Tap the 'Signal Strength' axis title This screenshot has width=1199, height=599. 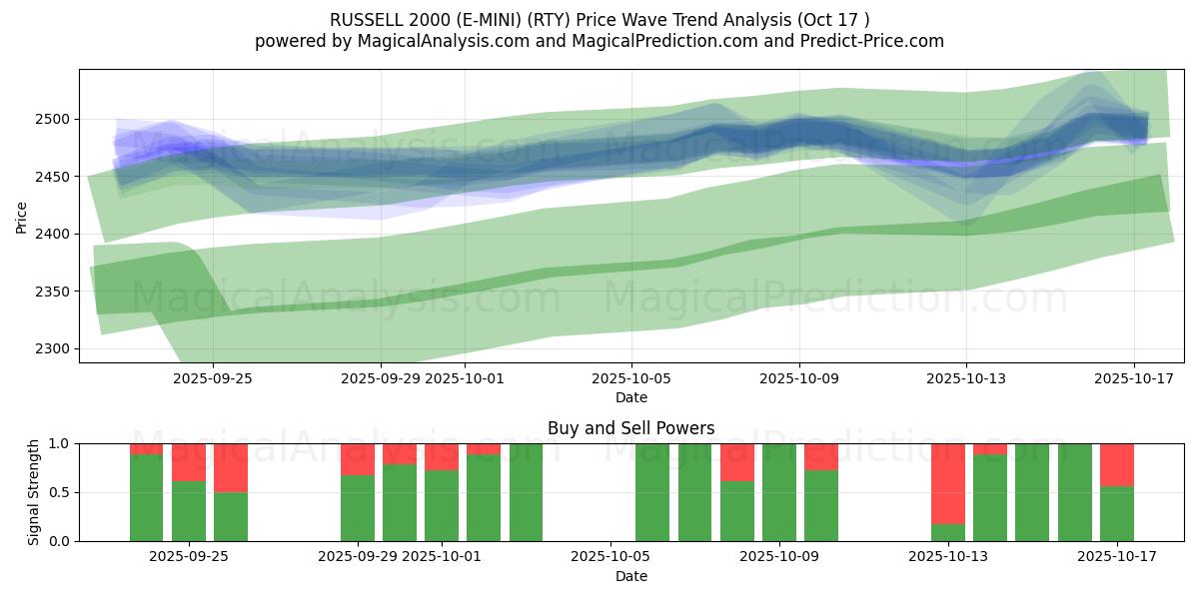click(34, 492)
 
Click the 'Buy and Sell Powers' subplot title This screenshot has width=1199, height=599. click(630, 428)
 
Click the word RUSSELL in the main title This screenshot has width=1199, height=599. click(364, 20)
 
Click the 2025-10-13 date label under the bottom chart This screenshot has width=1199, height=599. click(947, 556)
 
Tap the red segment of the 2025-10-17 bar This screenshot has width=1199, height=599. click(1116, 464)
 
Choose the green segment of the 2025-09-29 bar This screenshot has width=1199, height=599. click(358, 508)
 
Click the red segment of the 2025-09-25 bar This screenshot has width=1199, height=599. click(231, 467)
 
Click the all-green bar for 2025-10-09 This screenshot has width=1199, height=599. click(779, 492)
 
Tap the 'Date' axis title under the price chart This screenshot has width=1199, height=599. click(630, 397)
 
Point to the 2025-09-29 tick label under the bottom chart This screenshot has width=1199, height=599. click(358, 556)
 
